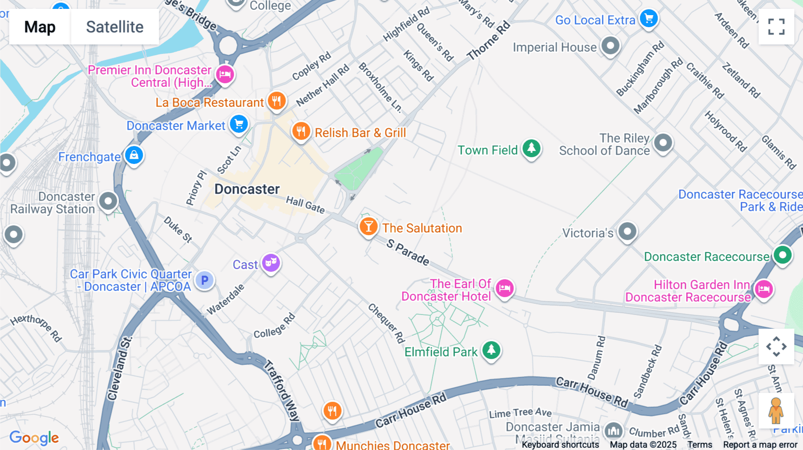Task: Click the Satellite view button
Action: click(x=115, y=27)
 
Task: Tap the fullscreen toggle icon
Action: click(x=776, y=27)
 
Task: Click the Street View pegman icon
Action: click(x=776, y=411)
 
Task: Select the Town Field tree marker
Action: click(x=531, y=148)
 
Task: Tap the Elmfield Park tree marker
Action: click(x=491, y=350)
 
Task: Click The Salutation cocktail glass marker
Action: click(x=368, y=227)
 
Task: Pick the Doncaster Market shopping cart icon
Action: click(x=239, y=124)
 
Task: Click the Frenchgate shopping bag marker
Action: click(x=134, y=155)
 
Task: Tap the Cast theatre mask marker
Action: click(x=271, y=263)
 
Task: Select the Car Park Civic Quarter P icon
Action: click(x=204, y=280)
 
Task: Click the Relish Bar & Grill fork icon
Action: click(x=301, y=131)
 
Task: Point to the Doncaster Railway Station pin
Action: click(x=108, y=201)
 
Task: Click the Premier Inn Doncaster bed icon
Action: click(x=225, y=74)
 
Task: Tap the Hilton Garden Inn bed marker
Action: click(x=763, y=289)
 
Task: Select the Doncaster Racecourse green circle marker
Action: click(x=782, y=255)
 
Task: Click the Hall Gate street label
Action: click(x=306, y=205)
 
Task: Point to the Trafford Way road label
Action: click(x=281, y=390)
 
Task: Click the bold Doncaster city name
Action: click(x=247, y=189)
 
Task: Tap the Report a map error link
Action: click(x=760, y=445)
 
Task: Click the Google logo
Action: click(x=34, y=438)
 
